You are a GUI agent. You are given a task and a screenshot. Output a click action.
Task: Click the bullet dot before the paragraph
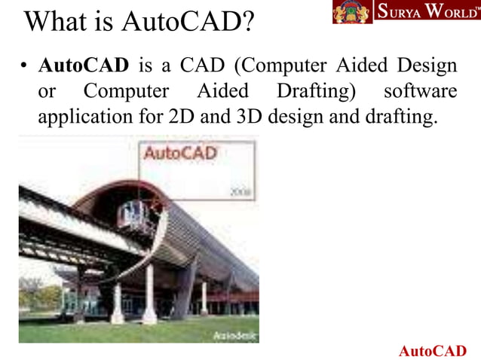point(24,67)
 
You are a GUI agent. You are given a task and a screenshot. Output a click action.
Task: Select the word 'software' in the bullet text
point(420,91)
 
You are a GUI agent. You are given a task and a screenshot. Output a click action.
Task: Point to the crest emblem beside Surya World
point(352,12)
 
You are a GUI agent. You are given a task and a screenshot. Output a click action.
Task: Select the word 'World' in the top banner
point(449,13)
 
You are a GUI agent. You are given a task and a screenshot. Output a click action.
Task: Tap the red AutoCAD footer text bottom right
point(432,351)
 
